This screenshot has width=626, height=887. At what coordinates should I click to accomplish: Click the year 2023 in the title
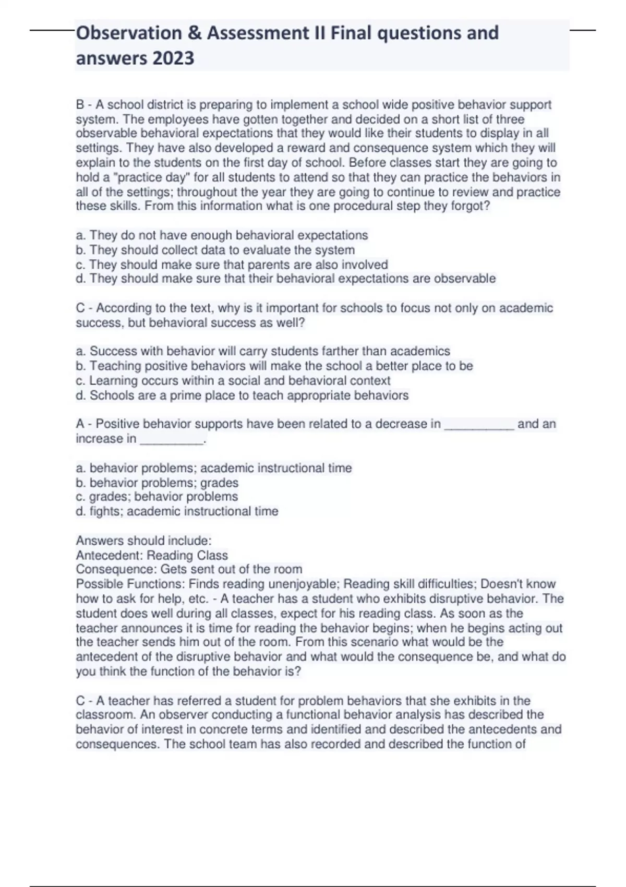coord(173,58)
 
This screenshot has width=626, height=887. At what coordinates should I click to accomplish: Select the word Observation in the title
coord(128,33)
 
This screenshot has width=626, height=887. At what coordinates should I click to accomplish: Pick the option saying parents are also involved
coord(232,265)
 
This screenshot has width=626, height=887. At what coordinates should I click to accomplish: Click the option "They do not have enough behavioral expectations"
coord(222,235)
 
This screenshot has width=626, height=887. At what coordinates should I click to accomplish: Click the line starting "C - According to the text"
coord(314,308)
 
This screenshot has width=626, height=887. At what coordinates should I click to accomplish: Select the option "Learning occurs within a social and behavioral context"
coord(233,380)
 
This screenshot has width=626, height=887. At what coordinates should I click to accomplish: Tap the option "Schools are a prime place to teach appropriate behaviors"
coord(242,395)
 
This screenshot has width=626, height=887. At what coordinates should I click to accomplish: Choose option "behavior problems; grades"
coord(157,483)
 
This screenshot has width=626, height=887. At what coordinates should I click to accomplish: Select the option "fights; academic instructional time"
coord(177,511)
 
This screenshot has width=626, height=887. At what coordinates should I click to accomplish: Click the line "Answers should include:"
coord(143,541)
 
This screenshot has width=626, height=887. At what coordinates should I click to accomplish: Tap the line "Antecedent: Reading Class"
coord(152,555)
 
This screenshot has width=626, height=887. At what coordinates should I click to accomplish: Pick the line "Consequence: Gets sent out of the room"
coord(189,569)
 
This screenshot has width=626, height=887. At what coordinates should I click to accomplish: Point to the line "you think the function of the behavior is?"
coord(188,672)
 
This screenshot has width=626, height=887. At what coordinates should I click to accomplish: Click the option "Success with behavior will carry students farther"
coord(263,351)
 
